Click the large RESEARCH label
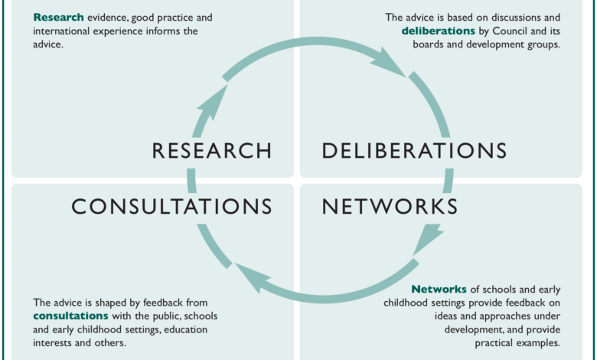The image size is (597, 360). [x=212, y=150]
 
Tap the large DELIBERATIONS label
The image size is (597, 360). [x=414, y=150]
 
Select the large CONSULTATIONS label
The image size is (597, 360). [x=172, y=206]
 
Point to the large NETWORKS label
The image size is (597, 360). [x=390, y=206]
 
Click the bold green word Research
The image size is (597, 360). [x=58, y=17]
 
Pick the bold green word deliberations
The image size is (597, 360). [x=438, y=31]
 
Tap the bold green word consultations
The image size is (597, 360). [x=70, y=316]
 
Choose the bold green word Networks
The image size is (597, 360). [x=439, y=289]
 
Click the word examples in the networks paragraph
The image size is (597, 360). [x=539, y=342]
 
